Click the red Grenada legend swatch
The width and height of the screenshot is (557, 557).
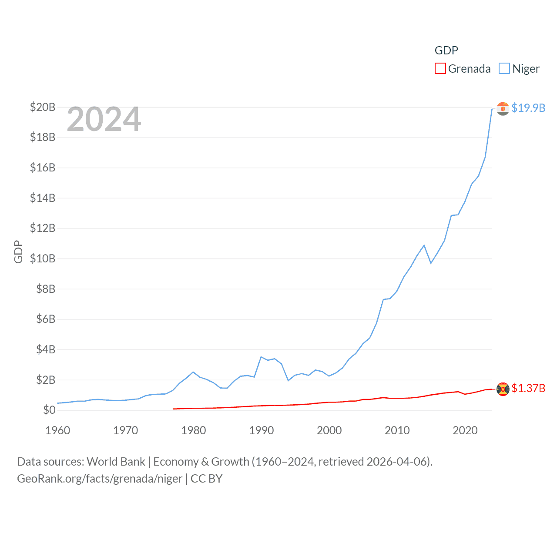click(x=440, y=69)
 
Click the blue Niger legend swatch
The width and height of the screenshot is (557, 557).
click(x=504, y=69)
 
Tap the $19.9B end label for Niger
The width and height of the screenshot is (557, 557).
click(x=528, y=108)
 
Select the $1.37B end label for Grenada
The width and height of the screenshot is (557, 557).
click(x=528, y=388)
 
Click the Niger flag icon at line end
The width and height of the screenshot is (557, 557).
click(x=503, y=108)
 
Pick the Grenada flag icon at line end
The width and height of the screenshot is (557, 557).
click(x=503, y=389)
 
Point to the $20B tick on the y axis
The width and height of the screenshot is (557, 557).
click(x=43, y=107)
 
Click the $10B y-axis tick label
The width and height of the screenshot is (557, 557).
click(x=43, y=258)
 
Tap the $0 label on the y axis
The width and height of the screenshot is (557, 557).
click(x=49, y=410)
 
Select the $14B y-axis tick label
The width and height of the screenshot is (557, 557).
click(x=43, y=198)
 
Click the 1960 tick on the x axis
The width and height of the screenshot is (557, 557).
click(x=58, y=430)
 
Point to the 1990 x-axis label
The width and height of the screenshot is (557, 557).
click(x=262, y=430)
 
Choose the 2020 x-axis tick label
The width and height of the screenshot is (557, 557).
click(x=465, y=430)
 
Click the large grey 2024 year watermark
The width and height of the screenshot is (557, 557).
click(x=104, y=119)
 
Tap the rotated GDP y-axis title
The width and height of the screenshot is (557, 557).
click(x=18, y=252)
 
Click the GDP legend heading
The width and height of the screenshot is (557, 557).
click(x=446, y=50)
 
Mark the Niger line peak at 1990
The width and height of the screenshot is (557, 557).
click(x=261, y=357)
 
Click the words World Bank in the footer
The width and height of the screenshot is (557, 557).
click(x=116, y=462)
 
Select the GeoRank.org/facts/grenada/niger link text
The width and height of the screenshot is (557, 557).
click(x=100, y=479)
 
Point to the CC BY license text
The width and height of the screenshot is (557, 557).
click(x=207, y=479)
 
